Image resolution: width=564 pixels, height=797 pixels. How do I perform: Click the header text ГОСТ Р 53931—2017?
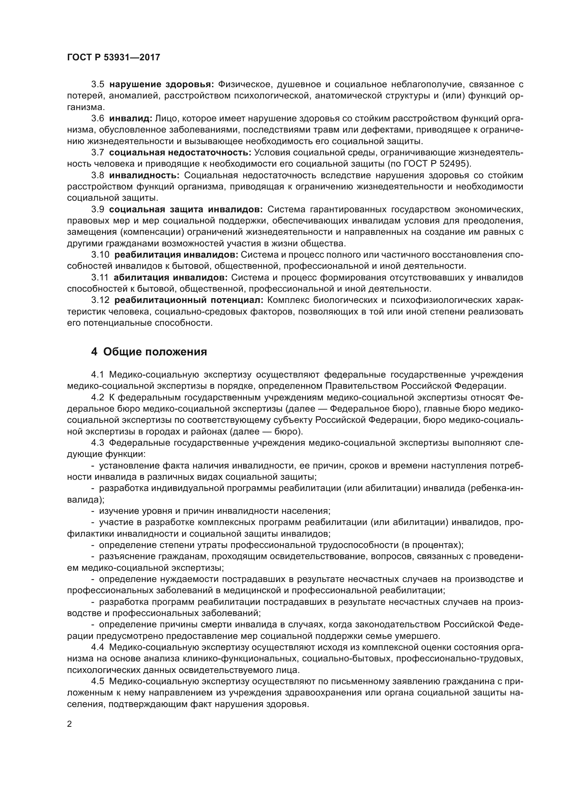coord(114,57)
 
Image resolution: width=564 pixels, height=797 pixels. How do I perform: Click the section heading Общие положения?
coord(155,352)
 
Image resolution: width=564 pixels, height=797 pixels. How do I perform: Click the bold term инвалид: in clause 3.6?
coord(131,118)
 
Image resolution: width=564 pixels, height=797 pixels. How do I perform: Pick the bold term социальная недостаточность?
coord(180,152)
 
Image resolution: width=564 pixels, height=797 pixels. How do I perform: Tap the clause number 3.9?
coord(98,209)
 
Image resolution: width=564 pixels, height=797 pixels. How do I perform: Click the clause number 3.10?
coord(100,255)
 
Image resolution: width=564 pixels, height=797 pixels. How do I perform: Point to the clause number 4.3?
coord(98,443)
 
